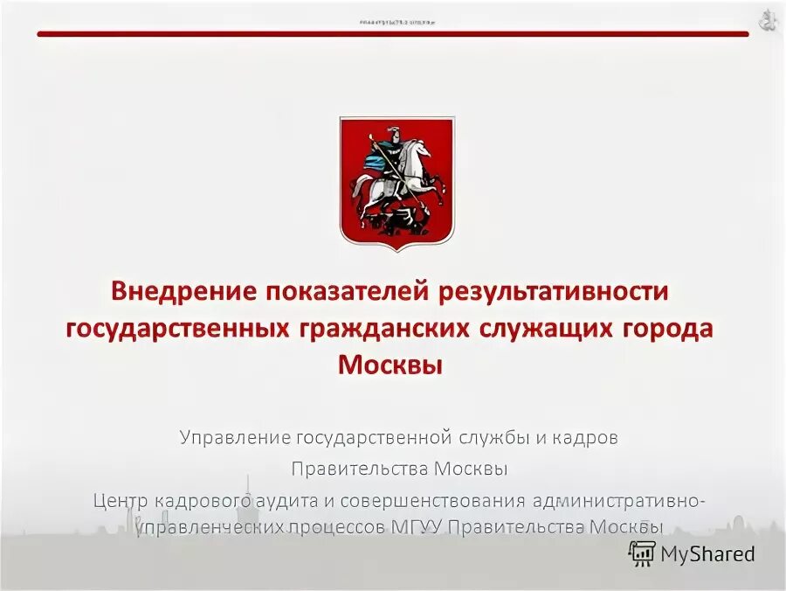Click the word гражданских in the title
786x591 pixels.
pos(384,328)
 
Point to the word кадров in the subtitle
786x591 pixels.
pos(592,437)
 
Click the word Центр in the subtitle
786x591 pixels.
pos(121,501)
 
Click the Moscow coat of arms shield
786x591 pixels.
pos(396,182)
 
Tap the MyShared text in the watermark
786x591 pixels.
pos(707,553)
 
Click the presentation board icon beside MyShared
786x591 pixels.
pos(642,553)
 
